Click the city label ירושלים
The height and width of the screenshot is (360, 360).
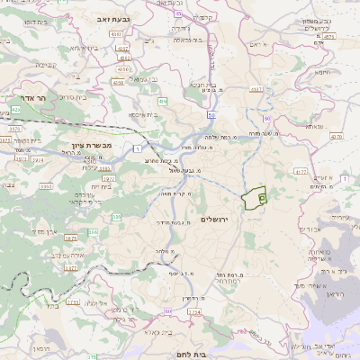click(216, 219)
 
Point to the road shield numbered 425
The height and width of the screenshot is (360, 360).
click(17, 109)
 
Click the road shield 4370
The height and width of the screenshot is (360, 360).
click(337, 137)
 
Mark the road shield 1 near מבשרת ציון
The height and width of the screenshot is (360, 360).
click(138, 147)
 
